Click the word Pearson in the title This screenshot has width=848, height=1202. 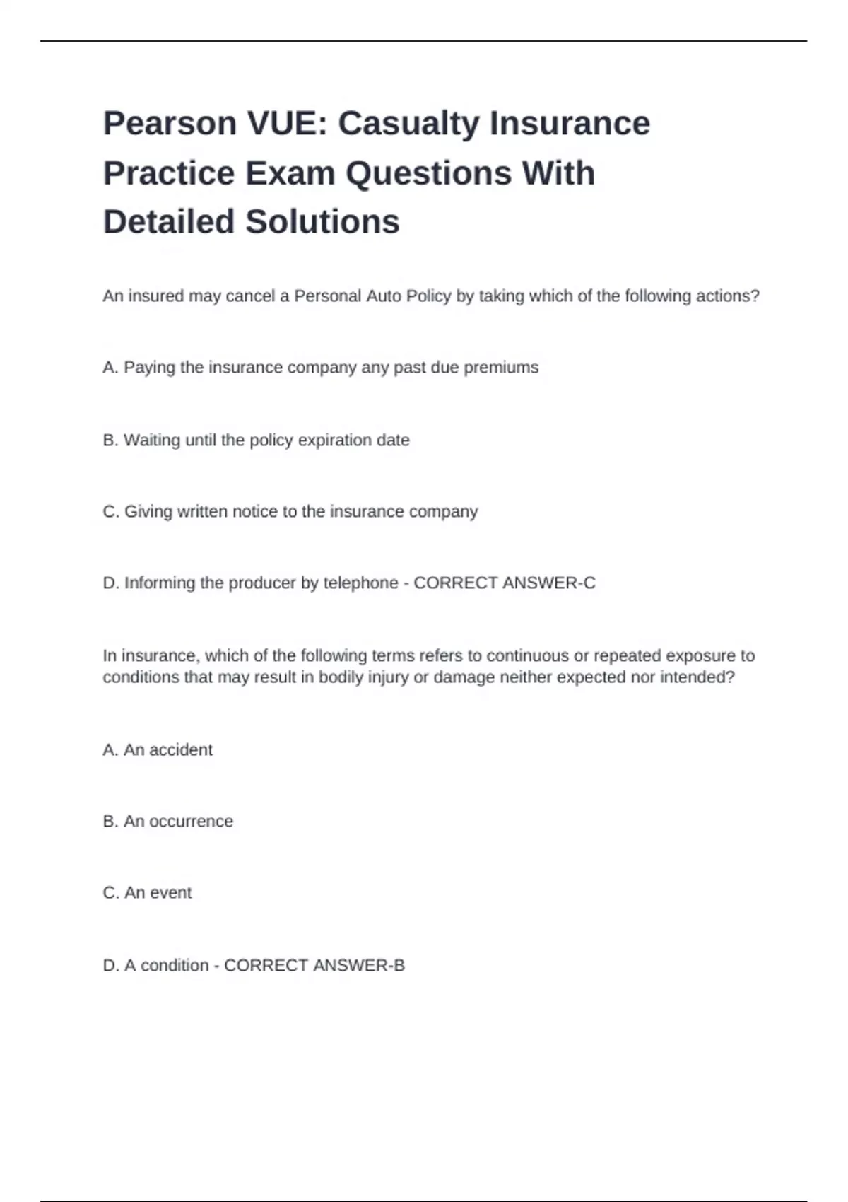coord(170,124)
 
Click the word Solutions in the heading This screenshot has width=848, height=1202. coord(322,222)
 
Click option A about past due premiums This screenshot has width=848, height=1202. coord(320,368)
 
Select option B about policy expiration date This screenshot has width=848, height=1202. coord(256,440)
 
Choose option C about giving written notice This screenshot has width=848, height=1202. coord(290,512)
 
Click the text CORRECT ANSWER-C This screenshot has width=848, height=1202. coord(504,583)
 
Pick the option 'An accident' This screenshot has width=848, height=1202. coord(158,750)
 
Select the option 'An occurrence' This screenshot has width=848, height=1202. coord(167,822)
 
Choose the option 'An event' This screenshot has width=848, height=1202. coord(147,893)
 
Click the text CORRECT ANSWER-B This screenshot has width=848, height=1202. coord(314,966)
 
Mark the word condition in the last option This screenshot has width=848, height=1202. coord(174,966)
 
